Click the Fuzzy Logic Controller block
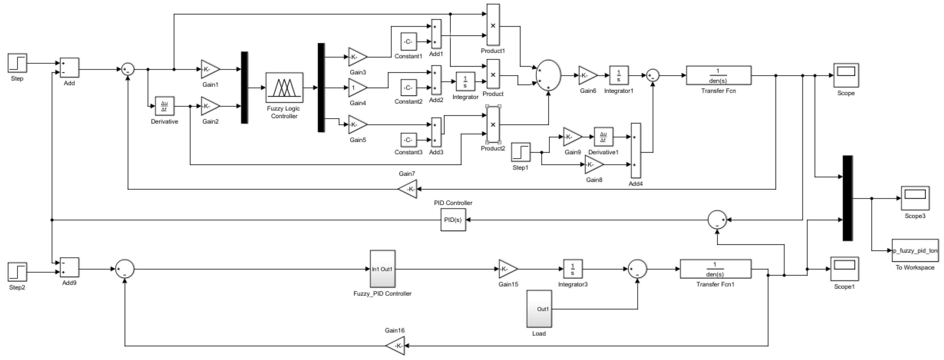(284, 88)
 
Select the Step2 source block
(17, 272)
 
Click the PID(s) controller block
(453, 220)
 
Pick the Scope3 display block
(915, 198)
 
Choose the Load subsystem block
(539, 309)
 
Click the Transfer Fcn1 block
(715, 269)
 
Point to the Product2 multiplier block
(493, 125)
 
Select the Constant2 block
(408, 88)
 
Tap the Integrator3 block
(572, 269)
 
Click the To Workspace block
(915, 251)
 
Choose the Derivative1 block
(603, 137)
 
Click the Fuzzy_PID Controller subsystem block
(382, 269)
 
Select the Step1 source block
(521, 152)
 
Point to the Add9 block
(69, 268)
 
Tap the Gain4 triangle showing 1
(357, 88)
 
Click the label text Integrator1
(619, 90)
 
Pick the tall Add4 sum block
(636, 150)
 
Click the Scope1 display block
(844, 269)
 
